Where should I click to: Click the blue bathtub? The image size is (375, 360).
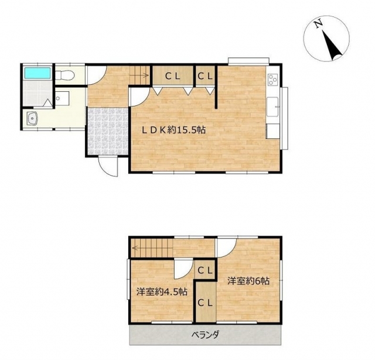pos(37,73)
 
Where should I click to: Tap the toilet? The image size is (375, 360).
pos(65,76)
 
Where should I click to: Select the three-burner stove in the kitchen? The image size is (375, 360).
pos(272,80)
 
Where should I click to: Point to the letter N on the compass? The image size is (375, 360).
pos(318,25)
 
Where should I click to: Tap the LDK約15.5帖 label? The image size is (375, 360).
pos(173,130)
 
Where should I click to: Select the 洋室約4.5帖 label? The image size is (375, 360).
pos(162,292)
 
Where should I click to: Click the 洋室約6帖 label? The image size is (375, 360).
pos(248,281)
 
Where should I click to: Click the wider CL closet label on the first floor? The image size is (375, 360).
pos(173,76)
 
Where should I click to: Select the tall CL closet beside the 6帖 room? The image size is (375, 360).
pos(206,303)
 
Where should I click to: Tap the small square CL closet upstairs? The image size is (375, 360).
pos(205,270)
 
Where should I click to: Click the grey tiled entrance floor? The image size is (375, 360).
pos(108,131)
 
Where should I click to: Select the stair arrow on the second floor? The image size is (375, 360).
pos(144,248)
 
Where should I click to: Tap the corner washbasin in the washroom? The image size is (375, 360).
pos(33,119)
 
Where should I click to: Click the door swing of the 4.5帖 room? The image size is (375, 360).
pos(183,270)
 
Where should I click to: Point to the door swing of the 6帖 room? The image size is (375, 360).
pos(227,248)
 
